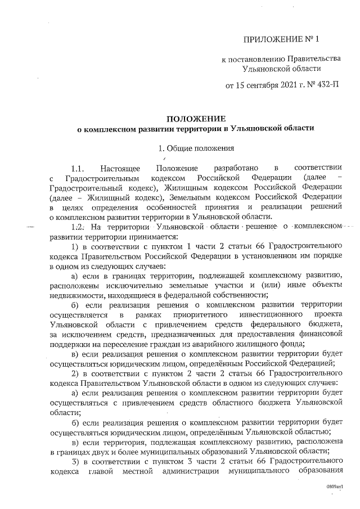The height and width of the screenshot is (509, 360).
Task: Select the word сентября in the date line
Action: click(267, 85)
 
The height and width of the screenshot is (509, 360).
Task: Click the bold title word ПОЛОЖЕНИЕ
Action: click(195, 119)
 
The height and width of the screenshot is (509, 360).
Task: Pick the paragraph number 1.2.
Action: click(78, 226)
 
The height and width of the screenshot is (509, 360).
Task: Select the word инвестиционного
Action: click(267, 315)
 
